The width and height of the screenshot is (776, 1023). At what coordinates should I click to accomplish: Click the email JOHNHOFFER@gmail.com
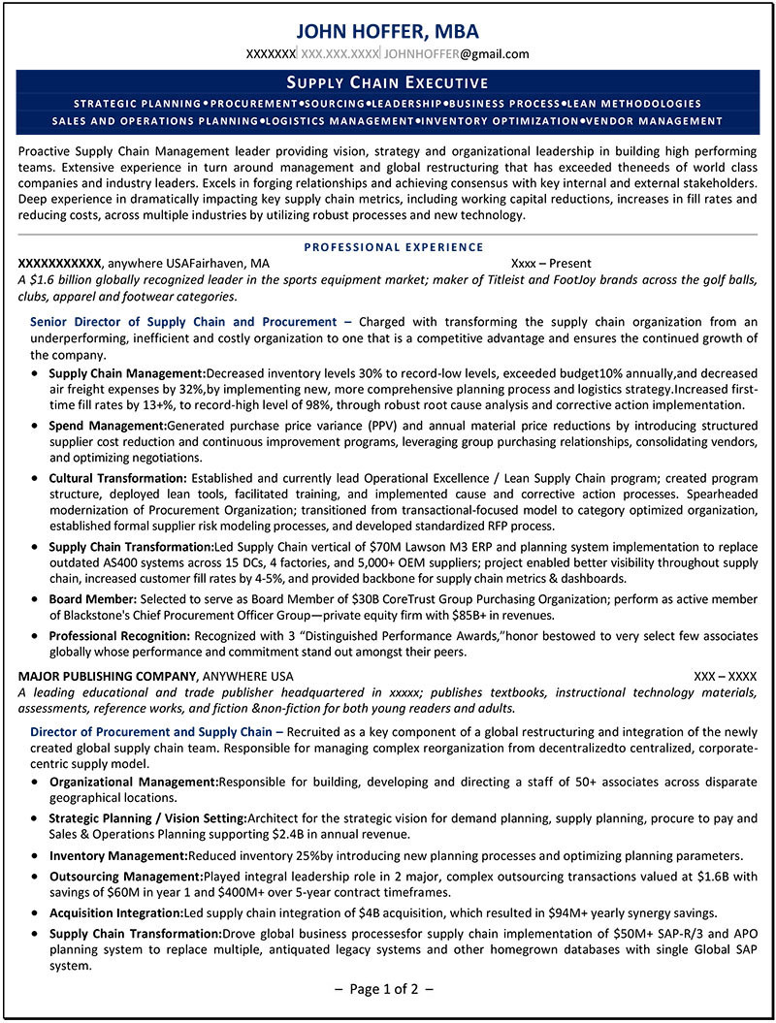457,54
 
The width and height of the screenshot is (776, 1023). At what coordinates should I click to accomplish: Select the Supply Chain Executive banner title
387,82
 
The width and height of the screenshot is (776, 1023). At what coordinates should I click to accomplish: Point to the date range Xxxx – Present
551,263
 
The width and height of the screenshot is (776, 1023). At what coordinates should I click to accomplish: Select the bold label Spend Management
107,426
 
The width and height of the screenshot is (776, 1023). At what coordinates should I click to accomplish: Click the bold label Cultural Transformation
117,478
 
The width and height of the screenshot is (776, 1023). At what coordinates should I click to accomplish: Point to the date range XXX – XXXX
725,676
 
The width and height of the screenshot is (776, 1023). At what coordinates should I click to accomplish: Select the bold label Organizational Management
133,782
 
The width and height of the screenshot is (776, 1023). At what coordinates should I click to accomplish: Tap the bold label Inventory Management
117,856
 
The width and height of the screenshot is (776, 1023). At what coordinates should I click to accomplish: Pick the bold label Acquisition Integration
116,913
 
